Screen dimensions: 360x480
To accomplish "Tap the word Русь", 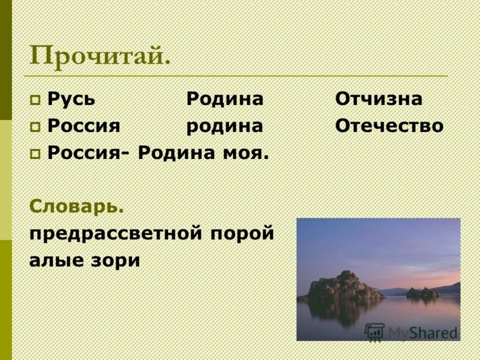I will coord(71,99).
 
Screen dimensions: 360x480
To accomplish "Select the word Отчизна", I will coord(379,99).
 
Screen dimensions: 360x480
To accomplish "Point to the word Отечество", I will coord(389,126).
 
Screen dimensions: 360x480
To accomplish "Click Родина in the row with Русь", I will coord(224,99).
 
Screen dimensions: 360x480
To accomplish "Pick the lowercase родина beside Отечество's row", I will coord(224,126).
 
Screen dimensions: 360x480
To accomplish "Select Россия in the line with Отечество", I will coord(84,126).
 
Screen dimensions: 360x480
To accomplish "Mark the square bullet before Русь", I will coord(35,100).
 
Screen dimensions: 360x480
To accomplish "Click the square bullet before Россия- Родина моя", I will coord(35,154).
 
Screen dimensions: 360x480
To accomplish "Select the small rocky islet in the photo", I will coord(422,293).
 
